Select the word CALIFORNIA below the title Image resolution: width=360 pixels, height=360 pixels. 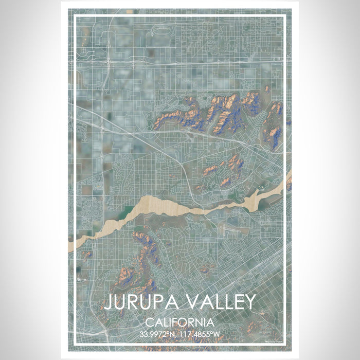(179, 323)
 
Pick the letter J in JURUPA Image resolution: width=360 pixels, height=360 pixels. (109, 302)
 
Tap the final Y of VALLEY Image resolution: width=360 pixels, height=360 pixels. (249, 302)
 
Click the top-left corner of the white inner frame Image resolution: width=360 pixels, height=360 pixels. (75, 16)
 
